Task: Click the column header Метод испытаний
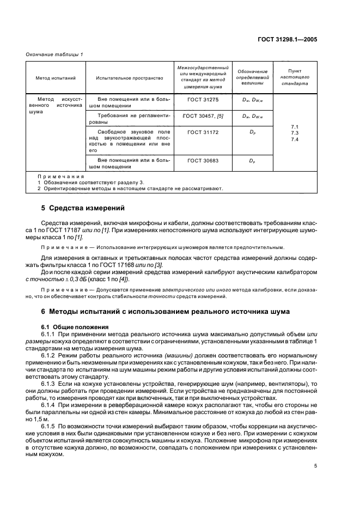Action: (x=52, y=78)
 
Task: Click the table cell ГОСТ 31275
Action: (x=202, y=100)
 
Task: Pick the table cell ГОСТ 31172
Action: (x=202, y=132)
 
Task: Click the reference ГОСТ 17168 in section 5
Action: (x=125, y=265)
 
